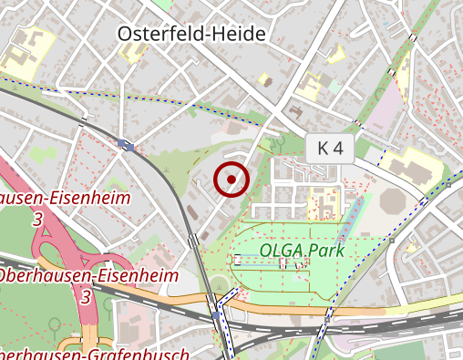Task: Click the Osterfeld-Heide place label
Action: point(192,34)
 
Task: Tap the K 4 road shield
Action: point(330,149)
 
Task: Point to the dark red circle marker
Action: point(231,179)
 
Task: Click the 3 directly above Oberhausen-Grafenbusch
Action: point(86,297)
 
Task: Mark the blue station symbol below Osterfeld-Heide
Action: point(125,144)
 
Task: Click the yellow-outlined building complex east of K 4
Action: point(410,165)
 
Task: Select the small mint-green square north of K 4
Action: point(336,86)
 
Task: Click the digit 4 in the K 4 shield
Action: point(340,149)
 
